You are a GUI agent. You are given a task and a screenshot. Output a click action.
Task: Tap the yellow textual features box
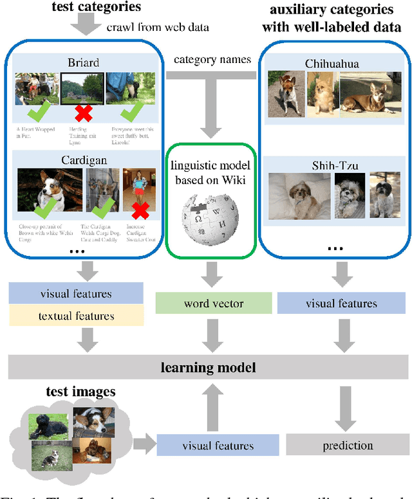point(76,316)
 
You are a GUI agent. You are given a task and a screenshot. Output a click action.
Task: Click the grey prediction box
point(348,444)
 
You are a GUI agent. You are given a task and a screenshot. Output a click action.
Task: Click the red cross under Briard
point(82,114)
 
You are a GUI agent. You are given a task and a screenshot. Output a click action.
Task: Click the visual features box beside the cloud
point(218,445)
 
